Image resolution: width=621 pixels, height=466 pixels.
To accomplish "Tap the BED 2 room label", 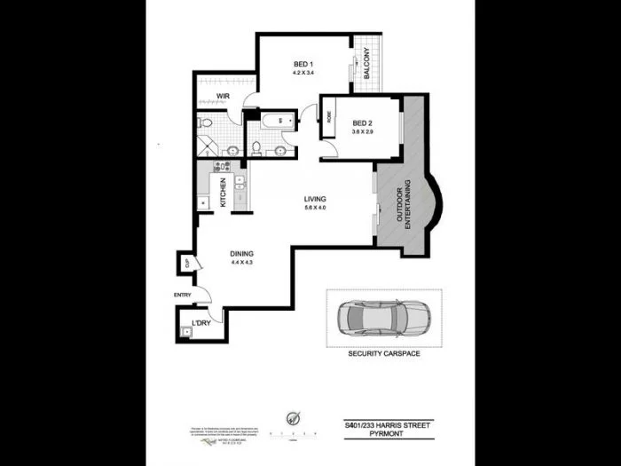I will pos(363,122).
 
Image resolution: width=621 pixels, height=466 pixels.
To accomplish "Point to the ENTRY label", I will pos(182,296).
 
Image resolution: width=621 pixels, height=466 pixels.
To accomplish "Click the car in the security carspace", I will pos(385,317).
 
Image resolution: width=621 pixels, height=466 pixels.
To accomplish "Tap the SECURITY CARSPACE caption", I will pos(384,352).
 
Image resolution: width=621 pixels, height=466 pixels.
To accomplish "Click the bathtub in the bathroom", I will pos(271,119).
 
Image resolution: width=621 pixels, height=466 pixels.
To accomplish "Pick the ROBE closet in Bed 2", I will pos(326,116).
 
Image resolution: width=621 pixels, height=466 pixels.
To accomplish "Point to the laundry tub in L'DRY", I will pos(185,332).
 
